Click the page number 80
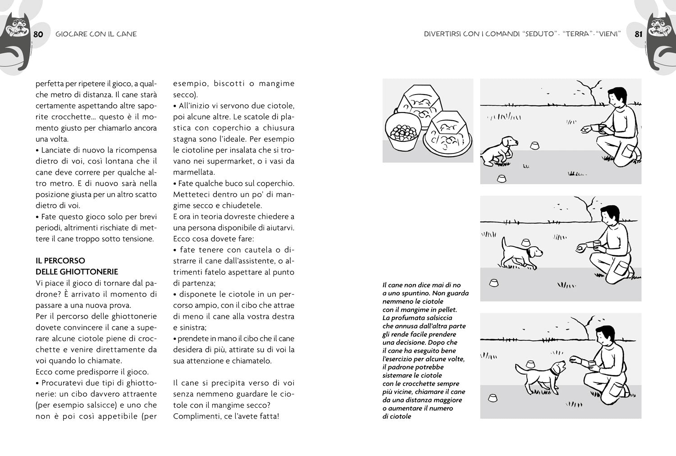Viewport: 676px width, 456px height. pyautogui.click(x=38, y=34)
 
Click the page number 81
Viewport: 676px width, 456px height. pyautogui.click(x=638, y=34)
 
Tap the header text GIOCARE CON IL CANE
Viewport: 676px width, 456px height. pyautogui.click(x=96, y=34)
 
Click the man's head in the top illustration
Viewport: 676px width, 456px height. pyautogui.click(x=617, y=96)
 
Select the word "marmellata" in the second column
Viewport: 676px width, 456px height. pyautogui.click(x=194, y=172)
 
